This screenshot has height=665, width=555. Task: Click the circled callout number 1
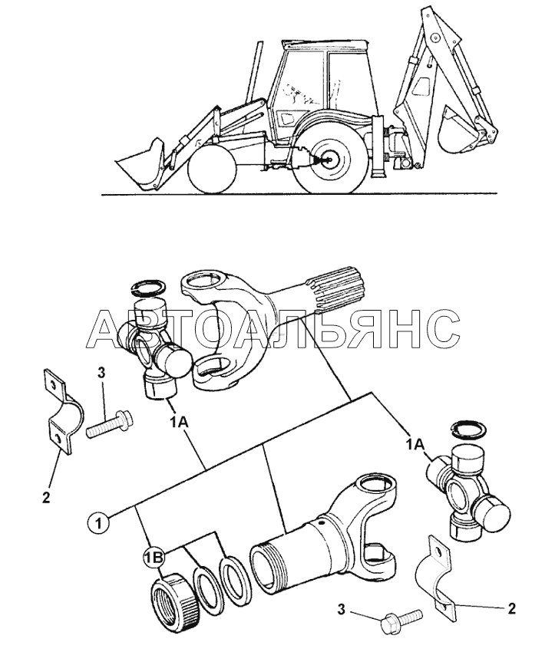98,523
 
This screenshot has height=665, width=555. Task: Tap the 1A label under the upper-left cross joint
178,422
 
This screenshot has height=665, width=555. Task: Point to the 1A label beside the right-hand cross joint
415,444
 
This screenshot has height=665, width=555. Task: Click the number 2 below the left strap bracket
46,497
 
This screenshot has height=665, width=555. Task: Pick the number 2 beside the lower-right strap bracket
512,609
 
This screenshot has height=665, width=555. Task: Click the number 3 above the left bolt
101,374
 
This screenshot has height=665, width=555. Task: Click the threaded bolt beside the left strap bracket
109,423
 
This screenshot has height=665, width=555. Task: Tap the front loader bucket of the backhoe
140,163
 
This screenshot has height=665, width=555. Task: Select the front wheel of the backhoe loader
212,168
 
